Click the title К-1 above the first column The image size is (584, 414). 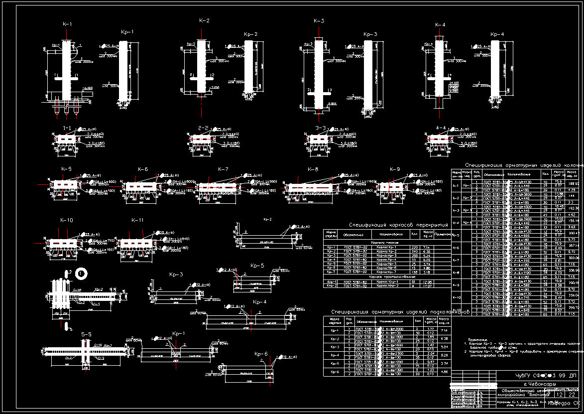(x=67, y=24)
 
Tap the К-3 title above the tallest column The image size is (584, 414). (x=319, y=21)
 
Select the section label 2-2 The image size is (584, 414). (x=203, y=128)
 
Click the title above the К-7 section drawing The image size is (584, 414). (x=223, y=169)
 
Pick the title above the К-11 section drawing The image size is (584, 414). (x=137, y=220)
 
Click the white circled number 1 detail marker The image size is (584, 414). (x=82, y=273)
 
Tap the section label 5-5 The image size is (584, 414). (x=86, y=334)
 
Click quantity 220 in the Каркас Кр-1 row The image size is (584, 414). (x=413, y=247)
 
